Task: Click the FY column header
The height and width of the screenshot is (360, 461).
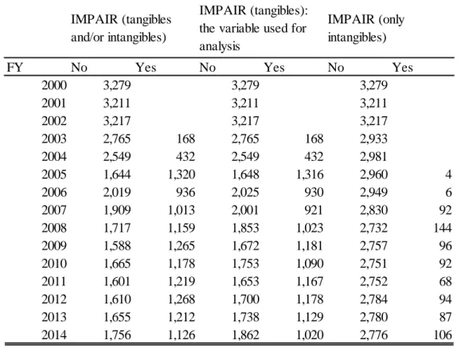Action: (x=14, y=68)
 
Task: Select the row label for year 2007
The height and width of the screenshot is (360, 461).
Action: (x=54, y=210)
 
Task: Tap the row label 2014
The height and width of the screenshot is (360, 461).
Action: (x=54, y=335)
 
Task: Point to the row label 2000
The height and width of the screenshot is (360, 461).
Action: (x=54, y=85)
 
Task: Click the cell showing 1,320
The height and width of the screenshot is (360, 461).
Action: (x=182, y=174)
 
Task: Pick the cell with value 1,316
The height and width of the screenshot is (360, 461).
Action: (x=310, y=174)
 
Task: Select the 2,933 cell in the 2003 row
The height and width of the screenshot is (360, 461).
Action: (x=373, y=139)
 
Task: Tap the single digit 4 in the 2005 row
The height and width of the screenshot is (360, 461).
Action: (x=448, y=174)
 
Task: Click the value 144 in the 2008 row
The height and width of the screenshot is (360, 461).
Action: (x=443, y=228)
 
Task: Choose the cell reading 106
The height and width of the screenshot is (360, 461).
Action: (x=443, y=335)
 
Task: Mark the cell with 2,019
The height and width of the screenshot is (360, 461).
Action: (x=117, y=193)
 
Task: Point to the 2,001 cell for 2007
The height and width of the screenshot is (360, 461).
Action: (x=245, y=210)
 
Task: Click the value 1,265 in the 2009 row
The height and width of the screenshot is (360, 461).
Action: (x=182, y=245)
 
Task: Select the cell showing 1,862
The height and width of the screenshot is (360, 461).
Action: (x=245, y=335)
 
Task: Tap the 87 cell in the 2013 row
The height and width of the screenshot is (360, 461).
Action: (x=445, y=317)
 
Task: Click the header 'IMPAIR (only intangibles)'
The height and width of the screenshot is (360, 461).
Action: (x=366, y=28)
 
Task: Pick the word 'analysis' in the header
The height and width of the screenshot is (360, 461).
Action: (x=220, y=46)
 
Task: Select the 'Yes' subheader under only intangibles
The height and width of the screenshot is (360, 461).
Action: (x=403, y=68)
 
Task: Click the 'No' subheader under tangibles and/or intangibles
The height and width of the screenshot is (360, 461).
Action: (x=79, y=68)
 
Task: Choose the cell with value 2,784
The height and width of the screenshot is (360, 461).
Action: (x=373, y=299)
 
